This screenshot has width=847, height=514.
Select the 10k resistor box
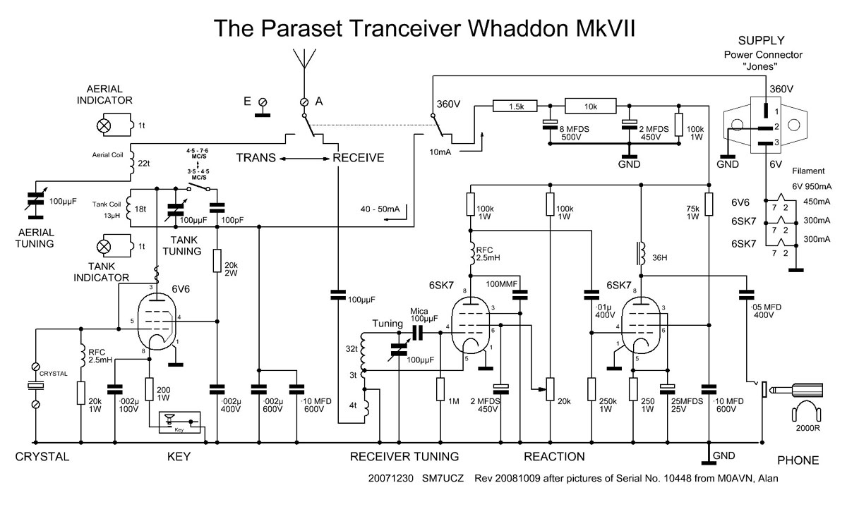(x=591, y=106)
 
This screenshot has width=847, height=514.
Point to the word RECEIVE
(x=359, y=157)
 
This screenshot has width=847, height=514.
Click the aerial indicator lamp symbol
(x=104, y=126)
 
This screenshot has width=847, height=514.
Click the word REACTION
(x=551, y=457)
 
